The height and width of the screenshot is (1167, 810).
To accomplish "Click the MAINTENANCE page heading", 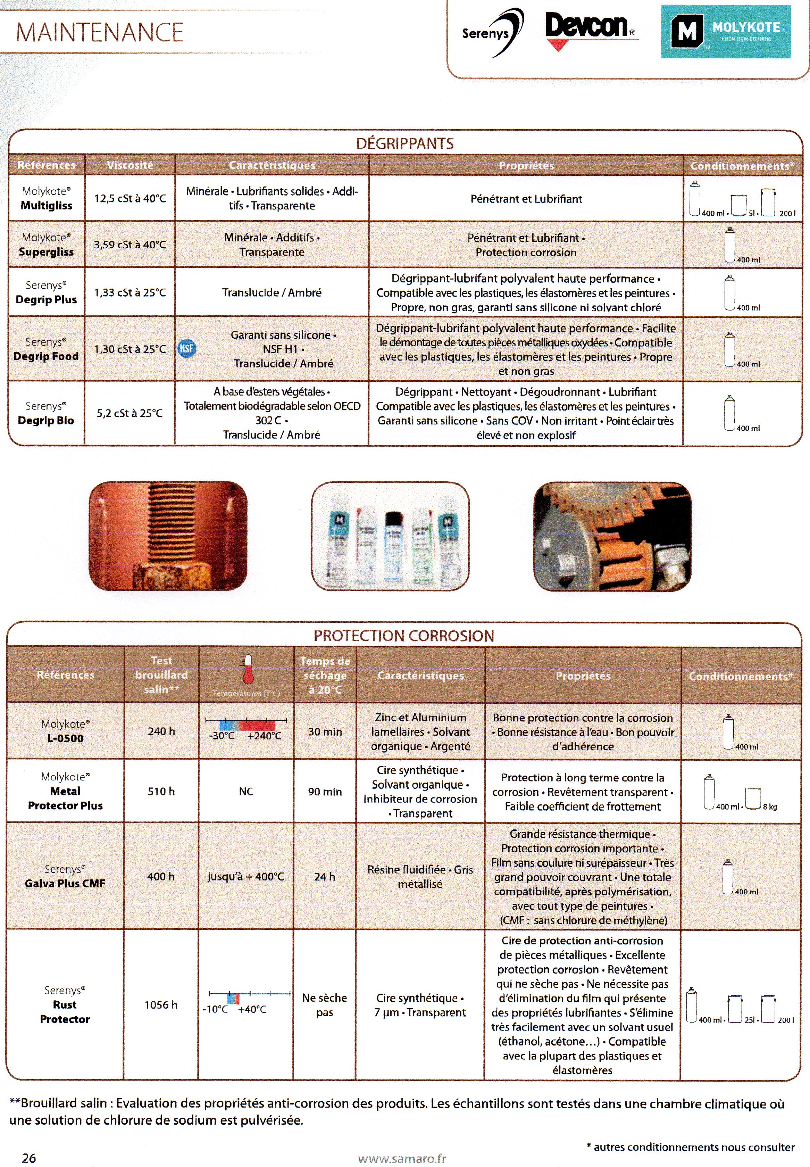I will tap(100, 33).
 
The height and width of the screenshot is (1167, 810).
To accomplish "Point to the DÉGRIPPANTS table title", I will tap(404, 144).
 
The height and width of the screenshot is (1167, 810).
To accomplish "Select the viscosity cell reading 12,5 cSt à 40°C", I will tap(130, 198).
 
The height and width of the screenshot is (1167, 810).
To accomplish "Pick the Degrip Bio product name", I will tap(46, 420).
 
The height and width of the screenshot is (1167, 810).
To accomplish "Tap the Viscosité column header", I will tap(130, 165).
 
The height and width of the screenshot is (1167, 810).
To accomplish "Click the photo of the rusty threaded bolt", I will tap(168, 536).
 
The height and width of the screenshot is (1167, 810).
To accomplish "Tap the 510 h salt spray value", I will tap(161, 791).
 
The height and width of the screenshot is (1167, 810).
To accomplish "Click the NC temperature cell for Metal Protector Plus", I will tap(246, 791).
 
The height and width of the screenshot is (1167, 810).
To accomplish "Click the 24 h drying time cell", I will tap(325, 877).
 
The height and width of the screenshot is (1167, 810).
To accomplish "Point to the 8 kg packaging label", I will tap(769, 806).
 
